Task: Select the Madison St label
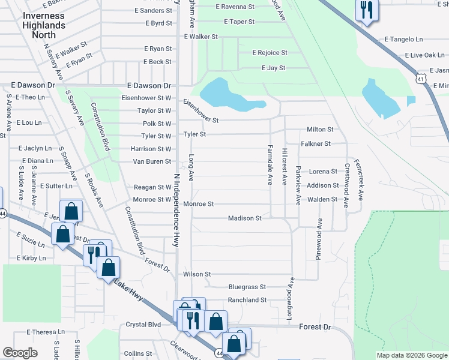pos(245,218)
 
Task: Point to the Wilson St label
pos(197,274)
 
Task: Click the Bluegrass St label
pos(247,287)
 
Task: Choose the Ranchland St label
pos(247,300)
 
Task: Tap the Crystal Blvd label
pos(143,325)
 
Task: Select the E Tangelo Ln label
pos(406,40)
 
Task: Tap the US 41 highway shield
pos(420,78)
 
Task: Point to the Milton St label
pos(320,130)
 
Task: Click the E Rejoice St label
pos(270,53)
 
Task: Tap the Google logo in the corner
pos(20,353)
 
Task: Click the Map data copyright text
pos(412,355)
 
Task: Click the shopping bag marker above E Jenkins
pos(71,211)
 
